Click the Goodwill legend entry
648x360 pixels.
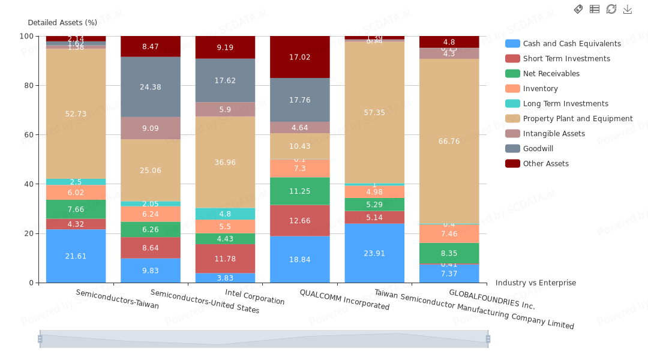tap(538, 149)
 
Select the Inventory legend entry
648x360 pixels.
tap(540, 89)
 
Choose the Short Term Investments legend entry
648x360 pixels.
tap(566, 59)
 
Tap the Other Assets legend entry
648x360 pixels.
tap(545, 164)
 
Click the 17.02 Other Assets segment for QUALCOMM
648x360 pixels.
tap(300, 57)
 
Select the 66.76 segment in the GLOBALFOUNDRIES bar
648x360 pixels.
tap(449, 142)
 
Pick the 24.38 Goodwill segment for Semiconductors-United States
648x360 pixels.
tap(151, 87)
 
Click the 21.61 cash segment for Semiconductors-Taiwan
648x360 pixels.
tap(76, 256)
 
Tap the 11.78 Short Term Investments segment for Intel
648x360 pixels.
tap(225, 259)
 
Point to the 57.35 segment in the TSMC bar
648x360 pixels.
tap(374, 112)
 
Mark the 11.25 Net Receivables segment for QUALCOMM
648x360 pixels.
tap(300, 191)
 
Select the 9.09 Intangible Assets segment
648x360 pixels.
tap(151, 128)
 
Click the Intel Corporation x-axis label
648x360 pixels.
tap(254, 297)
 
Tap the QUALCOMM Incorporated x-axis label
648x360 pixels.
tap(344, 299)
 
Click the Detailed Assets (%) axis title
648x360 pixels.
tap(62, 23)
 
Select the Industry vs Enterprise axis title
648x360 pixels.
tap(535, 283)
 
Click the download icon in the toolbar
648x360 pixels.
tap(628, 9)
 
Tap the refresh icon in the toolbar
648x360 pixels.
tap(611, 9)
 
